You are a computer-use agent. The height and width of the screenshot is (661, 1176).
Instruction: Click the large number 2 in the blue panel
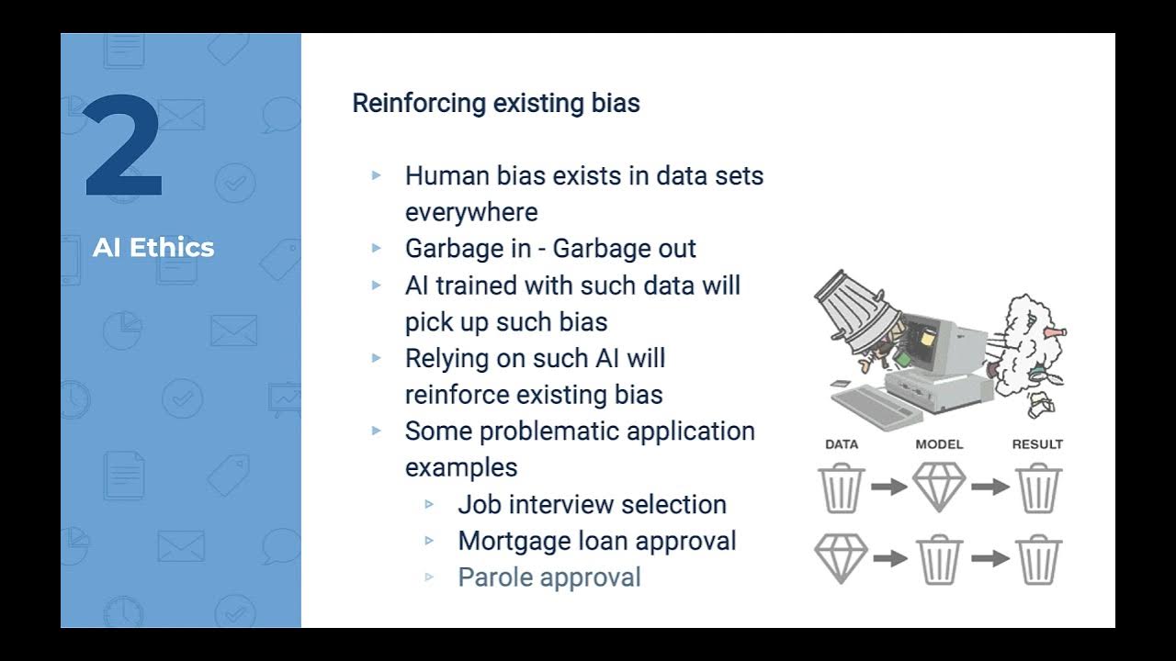[x=124, y=146]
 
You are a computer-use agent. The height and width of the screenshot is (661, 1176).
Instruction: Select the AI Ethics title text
[x=153, y=247]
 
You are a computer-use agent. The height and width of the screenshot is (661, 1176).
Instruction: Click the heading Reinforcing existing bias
[x=495, y=103]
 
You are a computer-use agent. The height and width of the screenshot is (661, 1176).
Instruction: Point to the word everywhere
[x=471, y=212]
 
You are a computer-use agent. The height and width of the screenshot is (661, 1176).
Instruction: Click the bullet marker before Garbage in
[x=376, y=248]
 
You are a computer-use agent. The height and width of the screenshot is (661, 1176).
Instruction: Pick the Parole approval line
[x=548, y=577]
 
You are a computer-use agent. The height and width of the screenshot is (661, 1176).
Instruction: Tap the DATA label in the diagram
[x=842, y=444]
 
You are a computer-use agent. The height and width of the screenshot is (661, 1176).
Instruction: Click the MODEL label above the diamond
[x=939, y=444]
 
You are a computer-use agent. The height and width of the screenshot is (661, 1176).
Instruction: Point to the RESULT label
[x=1037, y=444]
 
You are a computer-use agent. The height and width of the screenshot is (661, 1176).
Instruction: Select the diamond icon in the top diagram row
[x=939, y=487]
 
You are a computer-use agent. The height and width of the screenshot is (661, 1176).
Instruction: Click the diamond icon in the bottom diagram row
[x=842, y=558]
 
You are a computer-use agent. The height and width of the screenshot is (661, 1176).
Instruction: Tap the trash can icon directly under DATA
[x=842, y=487]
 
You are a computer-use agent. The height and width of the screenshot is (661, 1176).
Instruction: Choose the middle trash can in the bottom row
[x=939, y=558]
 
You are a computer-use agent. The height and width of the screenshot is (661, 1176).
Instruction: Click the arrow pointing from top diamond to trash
[x=989, y=487]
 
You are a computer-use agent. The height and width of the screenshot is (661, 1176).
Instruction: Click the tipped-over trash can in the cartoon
[x=854, y=308]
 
